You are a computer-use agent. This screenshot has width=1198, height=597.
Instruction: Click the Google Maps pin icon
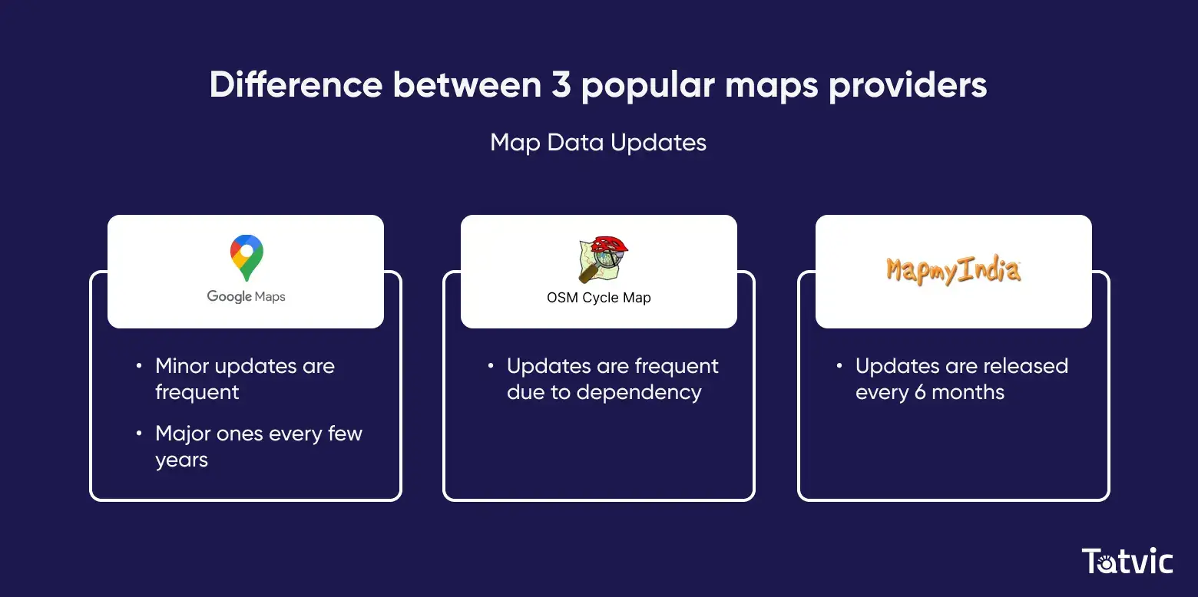tap(247, 258)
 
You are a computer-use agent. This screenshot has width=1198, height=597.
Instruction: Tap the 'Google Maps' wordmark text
tap(246, 297)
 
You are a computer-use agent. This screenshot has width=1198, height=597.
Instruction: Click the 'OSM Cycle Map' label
tap(598, 298)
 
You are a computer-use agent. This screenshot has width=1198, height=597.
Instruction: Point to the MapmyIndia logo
tap(953, 270)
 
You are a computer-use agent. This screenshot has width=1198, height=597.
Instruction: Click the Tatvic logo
tap(1127, 561)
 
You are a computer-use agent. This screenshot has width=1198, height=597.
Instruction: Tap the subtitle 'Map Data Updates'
tap(598, 143)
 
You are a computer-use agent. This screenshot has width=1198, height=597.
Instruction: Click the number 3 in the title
tap(561, 84)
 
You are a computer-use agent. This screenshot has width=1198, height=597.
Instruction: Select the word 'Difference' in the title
tap(296, 84)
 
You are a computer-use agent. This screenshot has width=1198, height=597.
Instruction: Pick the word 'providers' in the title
tap(908, 85)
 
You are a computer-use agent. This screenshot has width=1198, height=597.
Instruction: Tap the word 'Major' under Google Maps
tap(182, 434)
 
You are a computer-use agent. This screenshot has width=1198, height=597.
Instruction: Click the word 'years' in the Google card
tap(181, 460)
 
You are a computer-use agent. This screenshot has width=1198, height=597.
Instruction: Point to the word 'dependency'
tap(639, 393)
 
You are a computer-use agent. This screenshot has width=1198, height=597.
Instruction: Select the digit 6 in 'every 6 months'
tap(920, 392)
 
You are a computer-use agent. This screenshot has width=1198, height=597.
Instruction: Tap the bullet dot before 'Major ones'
tap(139, 434)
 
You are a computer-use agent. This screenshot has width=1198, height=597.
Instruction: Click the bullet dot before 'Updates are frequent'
tap(491, 365)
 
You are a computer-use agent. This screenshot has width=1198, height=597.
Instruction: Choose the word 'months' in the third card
tap(968, 392)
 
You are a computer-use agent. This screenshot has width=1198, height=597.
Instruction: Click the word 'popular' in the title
tap(647, 85)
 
